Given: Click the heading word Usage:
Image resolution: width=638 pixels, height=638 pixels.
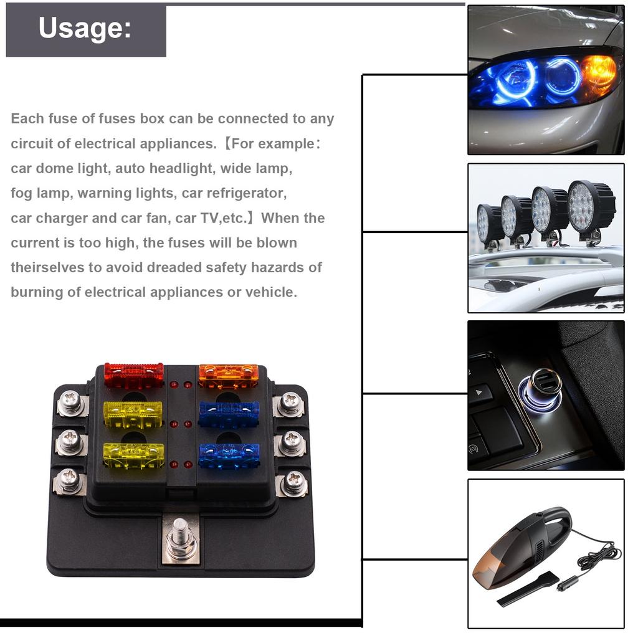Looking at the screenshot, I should click(85, 29).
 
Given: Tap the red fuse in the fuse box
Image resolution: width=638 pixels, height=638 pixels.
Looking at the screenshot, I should click(133, 376).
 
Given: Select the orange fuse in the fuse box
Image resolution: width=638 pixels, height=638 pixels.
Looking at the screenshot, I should click(228, 376).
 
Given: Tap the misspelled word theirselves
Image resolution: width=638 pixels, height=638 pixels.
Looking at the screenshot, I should click(46, 267).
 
